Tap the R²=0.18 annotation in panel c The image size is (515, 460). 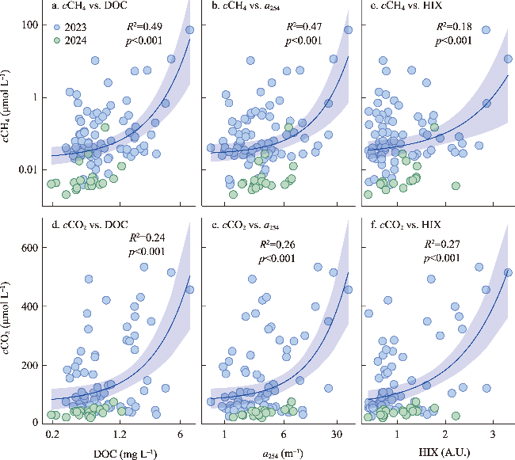pyautogui.click(x=454, y=27)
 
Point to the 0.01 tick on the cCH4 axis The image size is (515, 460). pyautogui.click(x=28, y=169)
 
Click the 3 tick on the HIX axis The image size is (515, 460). pyautogui.click(x=493, y=435)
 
